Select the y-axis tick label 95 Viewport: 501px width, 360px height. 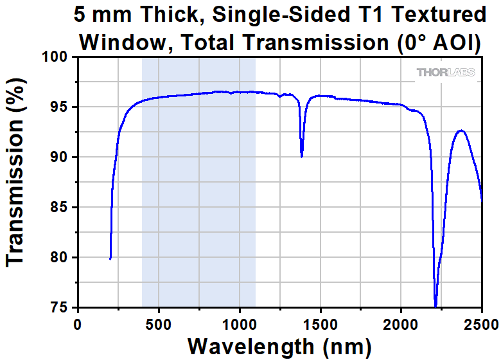(59, 107)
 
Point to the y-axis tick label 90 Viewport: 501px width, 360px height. (59, 157)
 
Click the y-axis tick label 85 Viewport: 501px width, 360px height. (59, 208)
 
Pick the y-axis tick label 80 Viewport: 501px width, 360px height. (59, 258)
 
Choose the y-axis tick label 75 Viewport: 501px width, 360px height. (59, 307)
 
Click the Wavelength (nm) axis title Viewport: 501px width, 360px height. (279, 346)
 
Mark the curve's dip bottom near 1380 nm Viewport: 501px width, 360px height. (302, 156)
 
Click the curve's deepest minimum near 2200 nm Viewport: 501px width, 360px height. (435, 306)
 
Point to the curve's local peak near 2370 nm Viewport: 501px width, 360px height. (461, 130)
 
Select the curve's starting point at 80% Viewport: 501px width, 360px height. (110, 258)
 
